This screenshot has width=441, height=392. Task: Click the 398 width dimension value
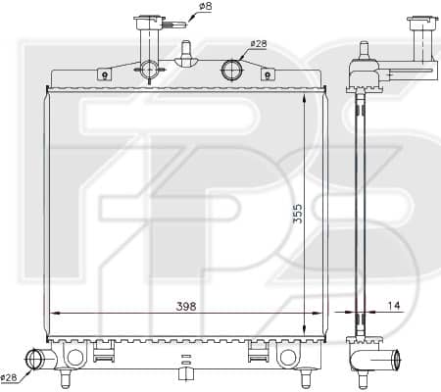point(186,306)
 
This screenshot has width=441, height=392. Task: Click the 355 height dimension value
point(297,214)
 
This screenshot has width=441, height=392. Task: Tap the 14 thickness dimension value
point(394,306)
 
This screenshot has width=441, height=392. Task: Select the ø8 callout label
point(205,6)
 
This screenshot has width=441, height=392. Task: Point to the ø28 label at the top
point(259,43)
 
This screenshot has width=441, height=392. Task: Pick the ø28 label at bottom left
point(9,378)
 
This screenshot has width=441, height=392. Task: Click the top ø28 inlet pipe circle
point(231,70)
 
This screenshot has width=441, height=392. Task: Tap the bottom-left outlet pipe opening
point(33,359)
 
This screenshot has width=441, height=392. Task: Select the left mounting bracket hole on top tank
point(105,76)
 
